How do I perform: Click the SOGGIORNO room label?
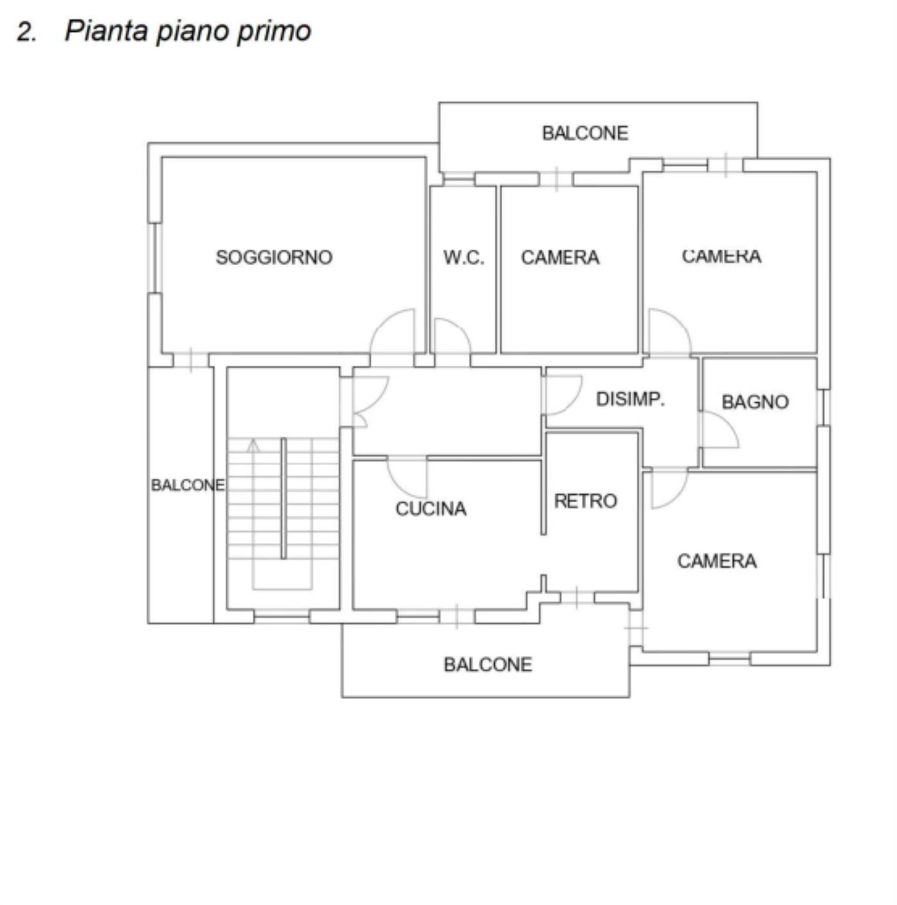[x=274, y=257]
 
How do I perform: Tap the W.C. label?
[x=464, y=257]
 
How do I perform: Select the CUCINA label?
[x=431, y=509]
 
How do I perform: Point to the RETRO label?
[x=586, y=501]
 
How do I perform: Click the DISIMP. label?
[x=630, y=399]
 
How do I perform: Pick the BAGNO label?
[x=755, y=402]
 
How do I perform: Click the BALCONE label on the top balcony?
[x=585, y=133]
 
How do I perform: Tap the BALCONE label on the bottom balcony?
[x=488, y=664]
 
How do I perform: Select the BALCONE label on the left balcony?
[x=188, y=485]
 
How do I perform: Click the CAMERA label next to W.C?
[x=560, y=257]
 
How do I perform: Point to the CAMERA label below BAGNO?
[x=717, y=561]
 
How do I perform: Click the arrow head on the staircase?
[x=253, y=444]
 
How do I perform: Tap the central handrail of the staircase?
[x=283, y=498]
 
